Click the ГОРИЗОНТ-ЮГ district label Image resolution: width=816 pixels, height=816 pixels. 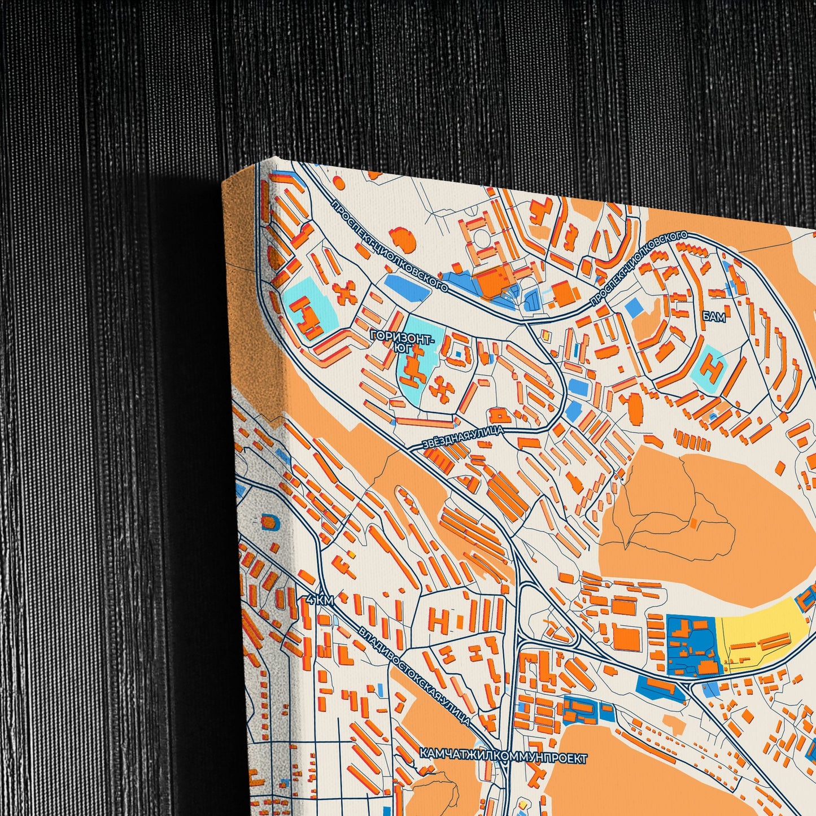[402, 339]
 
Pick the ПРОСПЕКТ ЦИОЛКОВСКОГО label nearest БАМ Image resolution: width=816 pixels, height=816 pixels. [639, 269]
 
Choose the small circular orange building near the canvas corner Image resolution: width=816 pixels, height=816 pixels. [338, 181]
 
